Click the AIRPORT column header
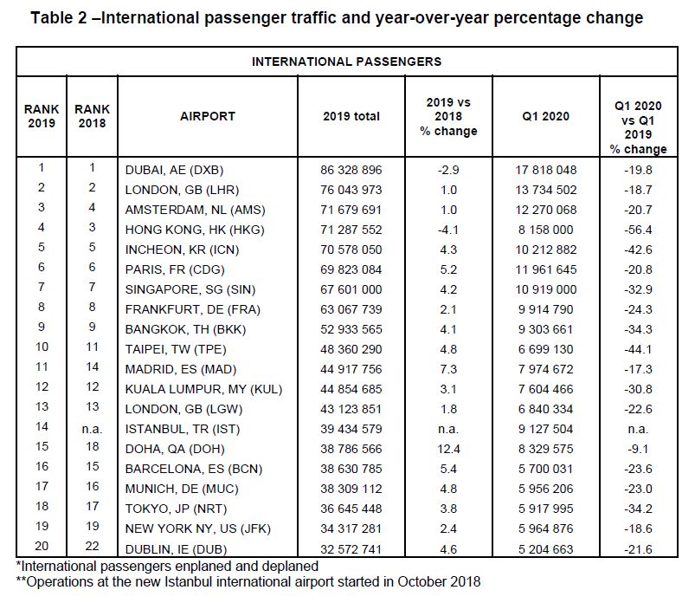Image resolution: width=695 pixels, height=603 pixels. click(208, 116)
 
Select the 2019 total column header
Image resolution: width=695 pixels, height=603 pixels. click(351, 116)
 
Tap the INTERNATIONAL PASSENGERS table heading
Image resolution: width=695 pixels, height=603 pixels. click(346, 62)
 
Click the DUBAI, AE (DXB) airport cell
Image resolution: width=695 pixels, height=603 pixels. click(174, 170)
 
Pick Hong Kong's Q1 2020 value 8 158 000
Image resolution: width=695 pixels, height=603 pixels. click(545, 230)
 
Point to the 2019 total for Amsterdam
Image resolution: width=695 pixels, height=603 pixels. click(351, 210)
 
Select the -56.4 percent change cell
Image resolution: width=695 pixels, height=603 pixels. click(638, 230)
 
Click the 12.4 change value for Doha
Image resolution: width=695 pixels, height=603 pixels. click(448, 449)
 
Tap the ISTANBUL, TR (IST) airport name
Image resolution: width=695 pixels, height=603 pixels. click(182, 429)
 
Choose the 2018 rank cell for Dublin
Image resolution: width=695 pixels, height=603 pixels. click(93, 546)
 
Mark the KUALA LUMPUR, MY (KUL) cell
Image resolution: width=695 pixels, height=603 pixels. click(203, 389)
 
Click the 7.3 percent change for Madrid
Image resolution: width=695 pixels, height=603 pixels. click(448, 369)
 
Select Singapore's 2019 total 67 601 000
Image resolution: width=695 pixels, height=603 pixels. click(351, 289)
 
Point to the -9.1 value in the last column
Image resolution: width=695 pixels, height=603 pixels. click(638, 449)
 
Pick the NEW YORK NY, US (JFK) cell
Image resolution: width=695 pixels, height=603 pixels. click(197, 528)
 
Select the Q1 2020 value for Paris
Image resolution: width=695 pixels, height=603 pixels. click(545, 269)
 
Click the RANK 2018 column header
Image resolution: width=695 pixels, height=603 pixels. click(93, 116)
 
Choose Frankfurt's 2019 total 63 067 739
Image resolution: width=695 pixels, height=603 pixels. click(351, 309)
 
